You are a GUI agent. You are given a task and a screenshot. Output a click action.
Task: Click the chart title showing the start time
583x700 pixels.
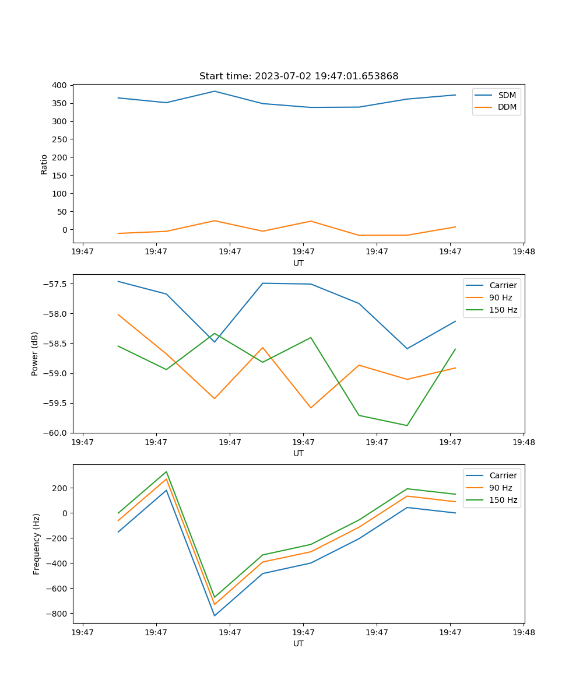click(x=298, y=76)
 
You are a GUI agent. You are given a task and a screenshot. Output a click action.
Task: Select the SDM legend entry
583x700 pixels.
click(x=507, y=95)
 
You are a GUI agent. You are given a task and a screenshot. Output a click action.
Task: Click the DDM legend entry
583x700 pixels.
click(x=507, y=107)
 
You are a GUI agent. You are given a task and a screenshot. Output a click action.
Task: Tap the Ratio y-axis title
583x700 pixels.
click(x=44, y=164)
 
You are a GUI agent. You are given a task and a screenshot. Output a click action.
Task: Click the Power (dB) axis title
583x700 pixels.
click(x=35, y=353)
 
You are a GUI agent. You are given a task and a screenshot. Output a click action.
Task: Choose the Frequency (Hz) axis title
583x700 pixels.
click(x=37, y=544)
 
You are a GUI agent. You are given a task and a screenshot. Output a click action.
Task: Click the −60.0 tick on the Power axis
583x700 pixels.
click(x=57, y=433)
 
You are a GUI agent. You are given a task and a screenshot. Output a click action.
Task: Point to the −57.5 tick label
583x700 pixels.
click(x=57, y=284)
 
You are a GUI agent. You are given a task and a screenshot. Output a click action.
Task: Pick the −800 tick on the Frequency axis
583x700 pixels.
click(x=58, y=614)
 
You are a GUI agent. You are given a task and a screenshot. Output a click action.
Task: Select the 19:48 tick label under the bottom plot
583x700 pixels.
click(x=524, y=632)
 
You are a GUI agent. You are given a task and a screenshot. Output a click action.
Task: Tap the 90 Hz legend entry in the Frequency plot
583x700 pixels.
click(x=500, y=488)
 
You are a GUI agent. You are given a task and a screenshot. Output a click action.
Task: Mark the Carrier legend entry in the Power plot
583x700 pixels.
click(x=503, y=285)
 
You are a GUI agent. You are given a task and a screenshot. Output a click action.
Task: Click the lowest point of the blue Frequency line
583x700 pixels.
click(x=215, y=616)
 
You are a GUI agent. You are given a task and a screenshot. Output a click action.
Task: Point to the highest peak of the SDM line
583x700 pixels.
click(x=215, y=91)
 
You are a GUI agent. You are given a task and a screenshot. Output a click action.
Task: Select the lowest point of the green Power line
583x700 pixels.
click(x=407, y=425)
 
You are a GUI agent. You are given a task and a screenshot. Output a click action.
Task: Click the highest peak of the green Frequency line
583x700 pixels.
click(x=166, y=472)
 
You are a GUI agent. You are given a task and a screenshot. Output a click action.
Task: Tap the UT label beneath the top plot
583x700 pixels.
click(x=298, y=263)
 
